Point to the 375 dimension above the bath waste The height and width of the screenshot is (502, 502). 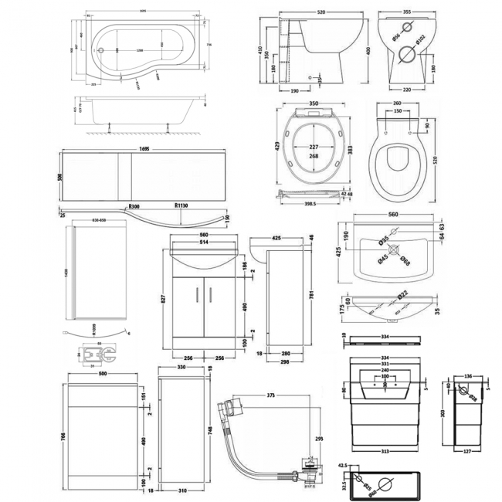[271, 395]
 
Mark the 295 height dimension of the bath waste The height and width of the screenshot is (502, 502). [320, 437]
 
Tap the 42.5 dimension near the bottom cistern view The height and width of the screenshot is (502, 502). [344, 465]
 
